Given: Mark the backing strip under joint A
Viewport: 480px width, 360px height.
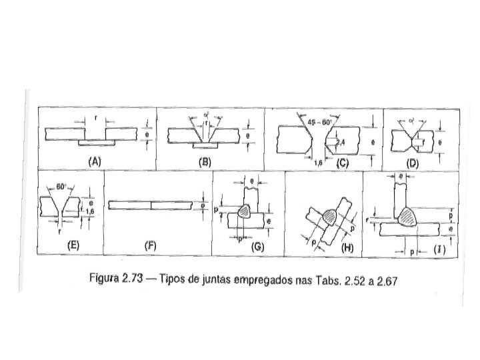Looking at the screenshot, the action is [95, 143].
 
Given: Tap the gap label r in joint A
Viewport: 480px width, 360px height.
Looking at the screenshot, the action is [97, 118].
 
